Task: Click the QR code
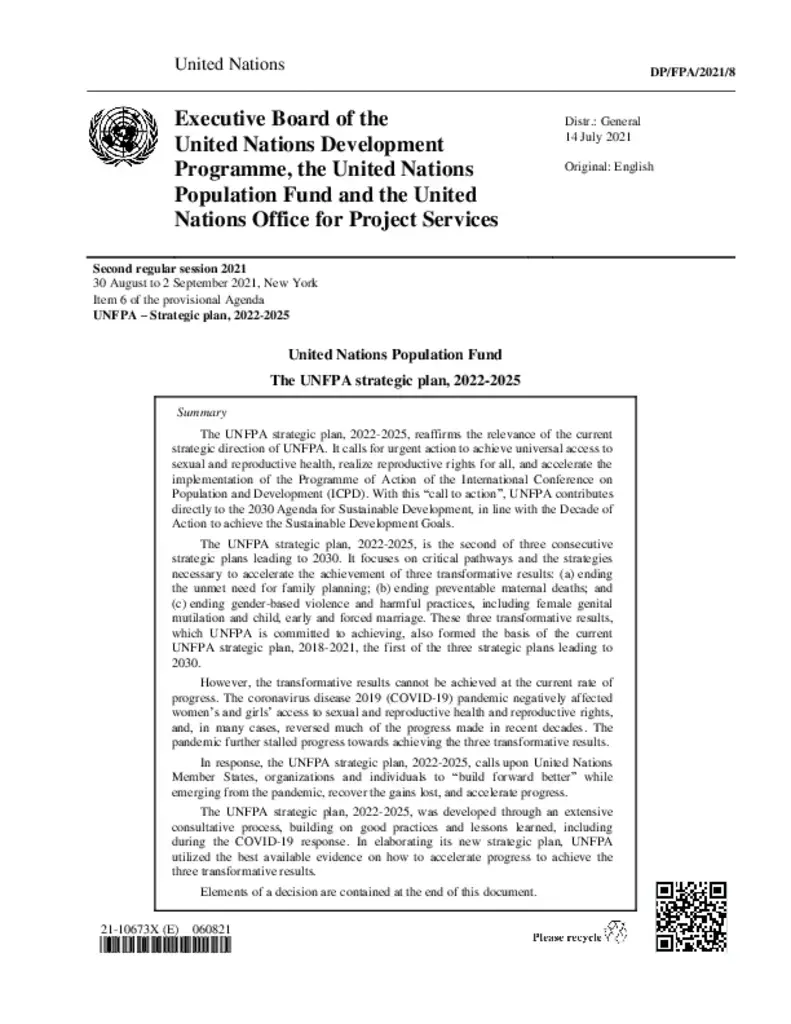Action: pyautogui.click(x=690, y=917)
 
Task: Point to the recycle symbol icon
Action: pyautogui.click(x=619, y=933)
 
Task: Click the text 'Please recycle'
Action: pyautogui.click(x=566, y=937)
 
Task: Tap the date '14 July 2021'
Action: pyautogui.click(x=598, y=137)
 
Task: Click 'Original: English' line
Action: pyautogui.click(x=609, y=166)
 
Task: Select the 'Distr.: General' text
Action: pyautogui.click(x=603, y=121)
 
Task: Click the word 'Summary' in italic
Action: pyautogui.click(x=201, y=412)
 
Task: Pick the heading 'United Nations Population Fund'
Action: pyautogui.click(x=395, y=355)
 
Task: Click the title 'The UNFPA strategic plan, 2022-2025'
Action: pyautogui.click(x=396, y=381)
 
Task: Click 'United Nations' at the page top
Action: pyautogui.click(x=229, y=65)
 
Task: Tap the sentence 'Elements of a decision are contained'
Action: pyautogui.click(x=369, y=891)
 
